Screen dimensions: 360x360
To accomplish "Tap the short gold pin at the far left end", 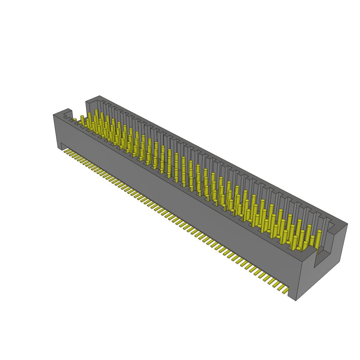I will tap(75, 120).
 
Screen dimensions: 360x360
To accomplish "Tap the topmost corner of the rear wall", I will tap(99, 96).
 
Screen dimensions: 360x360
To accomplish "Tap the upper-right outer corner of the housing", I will tap(347, 224).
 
